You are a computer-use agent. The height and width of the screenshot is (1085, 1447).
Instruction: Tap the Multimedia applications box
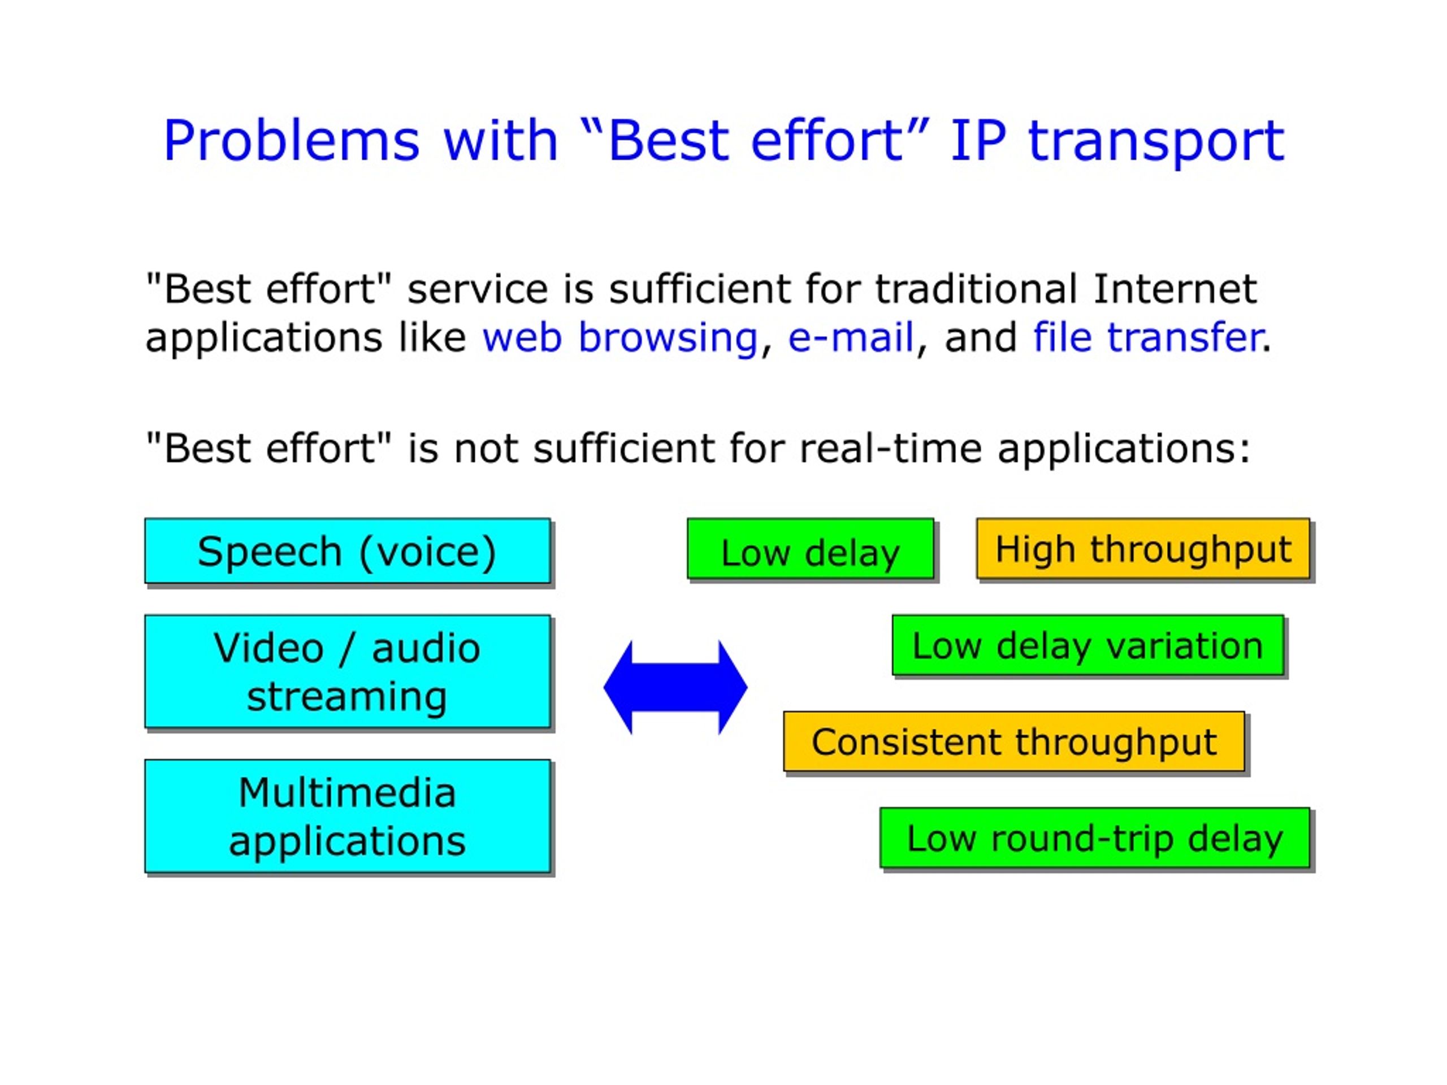click(x=348, y=815)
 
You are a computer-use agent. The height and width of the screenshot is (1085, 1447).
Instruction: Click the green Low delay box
click(x=811, y=549)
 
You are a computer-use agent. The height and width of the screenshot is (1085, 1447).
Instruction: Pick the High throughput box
click(x=1143, y=549)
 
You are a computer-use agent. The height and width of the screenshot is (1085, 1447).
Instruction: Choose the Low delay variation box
click(x=1088, y=645)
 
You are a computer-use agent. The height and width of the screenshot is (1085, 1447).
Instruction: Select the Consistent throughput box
click(x=1014, y=741)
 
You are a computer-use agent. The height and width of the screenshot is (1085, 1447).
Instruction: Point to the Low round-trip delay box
click(x=1094, y=838)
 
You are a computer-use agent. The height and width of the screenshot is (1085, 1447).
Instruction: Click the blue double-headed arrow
click(x=675, y=687)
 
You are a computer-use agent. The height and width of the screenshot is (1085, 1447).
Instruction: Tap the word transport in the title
click(x=1156, y=142)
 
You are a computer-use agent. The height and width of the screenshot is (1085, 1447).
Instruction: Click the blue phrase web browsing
click(x=619, y=338)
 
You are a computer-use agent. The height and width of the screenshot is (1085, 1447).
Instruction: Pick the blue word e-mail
click(x=851, y=337)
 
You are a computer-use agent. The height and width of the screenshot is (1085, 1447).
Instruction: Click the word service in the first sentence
click(x=478, y=290)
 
